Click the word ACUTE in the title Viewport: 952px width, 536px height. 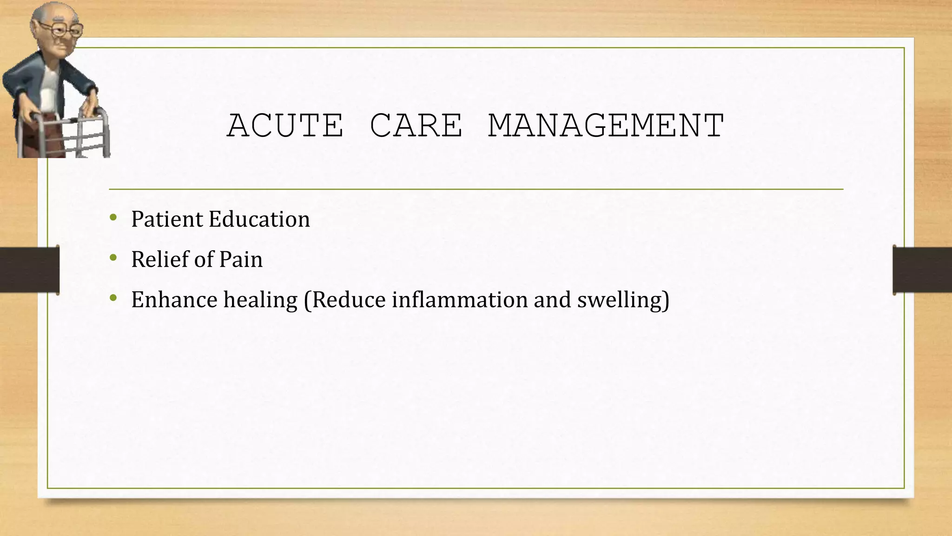point(285,126)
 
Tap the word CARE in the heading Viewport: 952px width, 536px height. point(416,126)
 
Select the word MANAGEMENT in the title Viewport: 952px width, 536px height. point(606,126)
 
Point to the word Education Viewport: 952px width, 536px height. point(259,219)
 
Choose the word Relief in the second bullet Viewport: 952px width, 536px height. point(159,259)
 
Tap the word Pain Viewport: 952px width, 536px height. point(240,260)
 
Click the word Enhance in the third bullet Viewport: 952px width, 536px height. point(174,300)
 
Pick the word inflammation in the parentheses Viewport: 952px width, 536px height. point(459,300)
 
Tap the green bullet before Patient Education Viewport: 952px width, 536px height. point(113,217)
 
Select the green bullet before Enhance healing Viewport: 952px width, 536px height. point(113,298)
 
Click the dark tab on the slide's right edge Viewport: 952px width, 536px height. point(922,269)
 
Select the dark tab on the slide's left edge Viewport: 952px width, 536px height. point(29,269)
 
